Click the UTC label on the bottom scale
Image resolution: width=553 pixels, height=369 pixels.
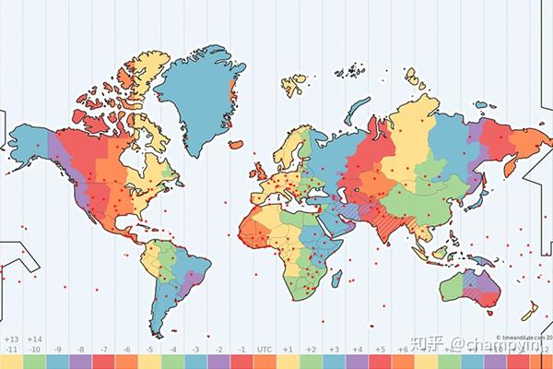point(265,350)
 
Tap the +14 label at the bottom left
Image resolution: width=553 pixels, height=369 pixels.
point(34,339)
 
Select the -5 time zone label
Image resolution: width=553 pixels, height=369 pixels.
point(149,350)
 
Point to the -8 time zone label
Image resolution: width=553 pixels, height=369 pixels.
point(80,350)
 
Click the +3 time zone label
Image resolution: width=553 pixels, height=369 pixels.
point(334,350)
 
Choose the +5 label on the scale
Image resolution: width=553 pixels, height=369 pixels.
point(380,350)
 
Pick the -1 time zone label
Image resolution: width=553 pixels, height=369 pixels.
point(241,350)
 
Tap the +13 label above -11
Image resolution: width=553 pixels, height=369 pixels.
point(12,339)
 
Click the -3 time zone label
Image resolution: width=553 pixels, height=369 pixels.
point(195,350)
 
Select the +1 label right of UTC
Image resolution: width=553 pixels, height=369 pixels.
point(288,350)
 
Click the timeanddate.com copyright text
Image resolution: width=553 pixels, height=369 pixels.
point(521,338)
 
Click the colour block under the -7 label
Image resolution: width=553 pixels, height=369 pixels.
point(103,362)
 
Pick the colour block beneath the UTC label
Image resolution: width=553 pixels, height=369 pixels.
point(265,362)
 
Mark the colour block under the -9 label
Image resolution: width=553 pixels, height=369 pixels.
point(57,362)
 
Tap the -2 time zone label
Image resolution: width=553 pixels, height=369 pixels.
point(218,350)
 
